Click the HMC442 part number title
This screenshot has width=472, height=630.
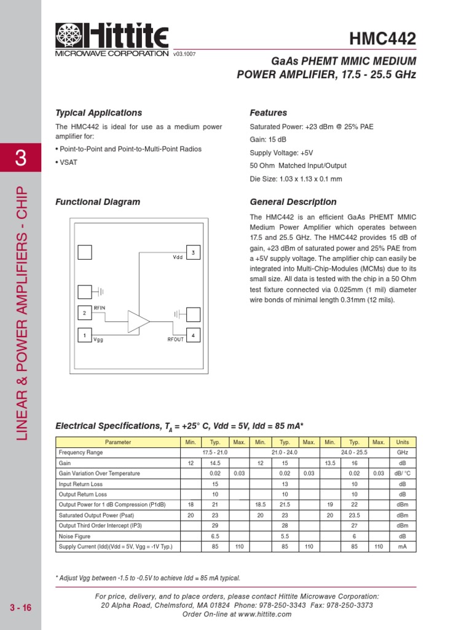[x=382, y=39]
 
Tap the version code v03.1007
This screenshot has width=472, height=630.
[x=184, y=54]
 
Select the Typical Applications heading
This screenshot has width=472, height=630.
[x=98, y=113]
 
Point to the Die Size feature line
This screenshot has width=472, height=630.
[x=296, y=179]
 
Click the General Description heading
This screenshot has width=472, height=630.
[x=293, y=202]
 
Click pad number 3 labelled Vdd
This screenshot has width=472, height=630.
[x=193, y=252]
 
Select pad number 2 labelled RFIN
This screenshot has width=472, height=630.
[x=85, y=314]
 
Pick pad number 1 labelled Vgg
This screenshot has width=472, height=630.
[x=85, y=335]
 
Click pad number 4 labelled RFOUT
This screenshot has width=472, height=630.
[x=193, y=335]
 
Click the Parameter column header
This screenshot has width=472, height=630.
[x=117, y=442]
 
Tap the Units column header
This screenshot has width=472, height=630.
[x=402, y=442]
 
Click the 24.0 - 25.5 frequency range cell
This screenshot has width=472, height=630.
[x=354, y=452]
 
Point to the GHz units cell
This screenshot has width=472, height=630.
[x=402, y=452]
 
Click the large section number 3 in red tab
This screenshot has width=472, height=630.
[x=20, y=157]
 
